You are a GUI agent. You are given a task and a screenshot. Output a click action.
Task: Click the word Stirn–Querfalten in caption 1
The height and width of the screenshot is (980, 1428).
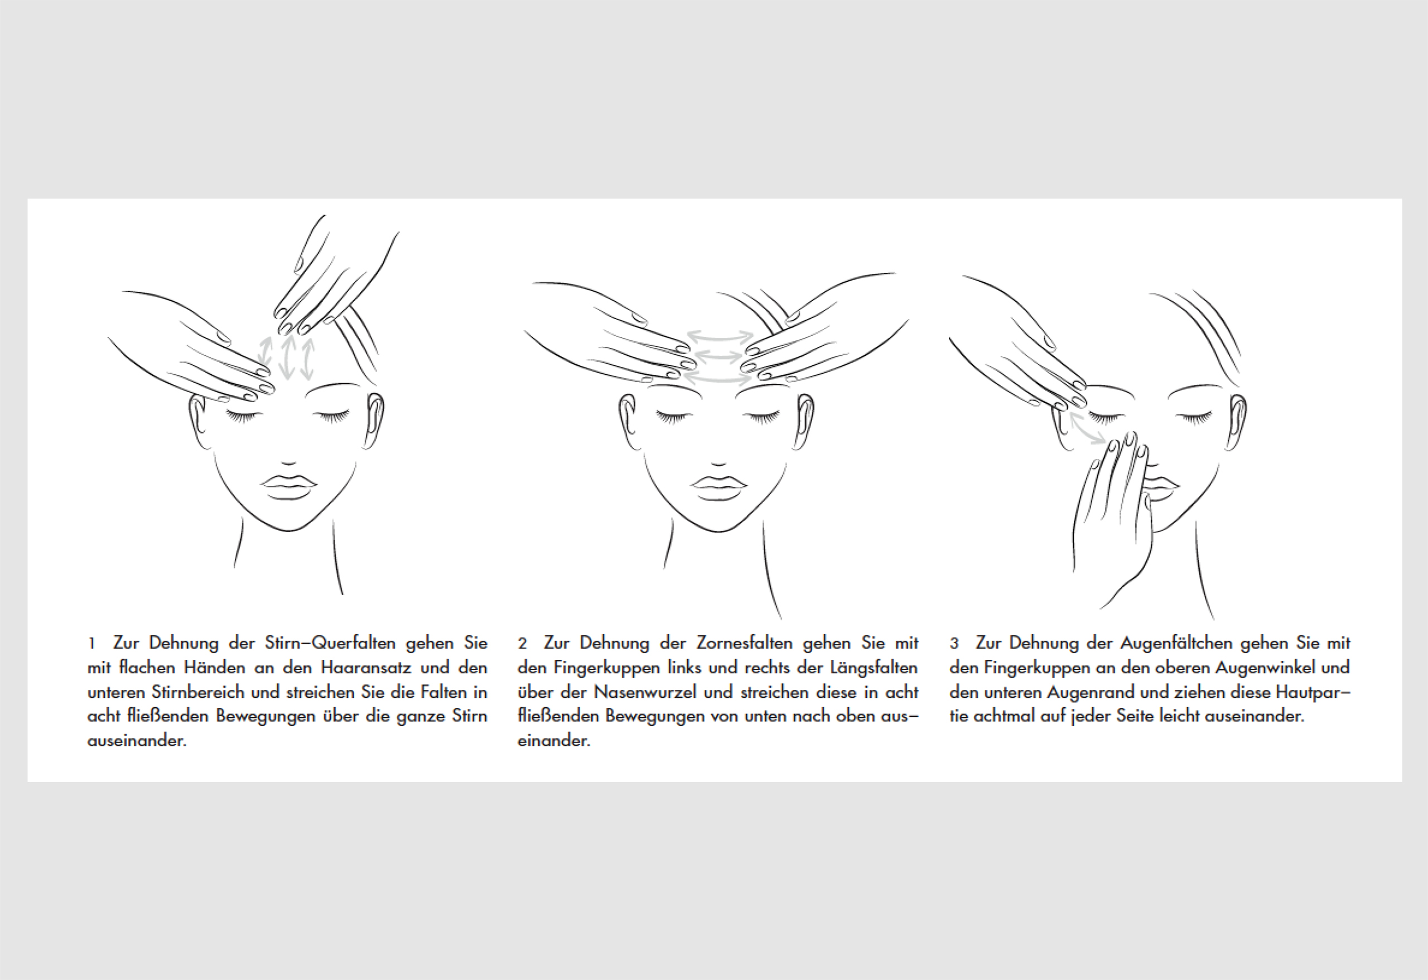[330, 643]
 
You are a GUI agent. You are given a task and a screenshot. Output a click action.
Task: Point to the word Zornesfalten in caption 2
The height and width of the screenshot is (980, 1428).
[744, 643]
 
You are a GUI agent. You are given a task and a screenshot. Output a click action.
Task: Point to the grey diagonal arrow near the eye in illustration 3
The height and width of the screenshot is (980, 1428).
[1088, 428]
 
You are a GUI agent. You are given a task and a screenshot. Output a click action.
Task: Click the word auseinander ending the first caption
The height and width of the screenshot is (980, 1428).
[137, 740]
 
